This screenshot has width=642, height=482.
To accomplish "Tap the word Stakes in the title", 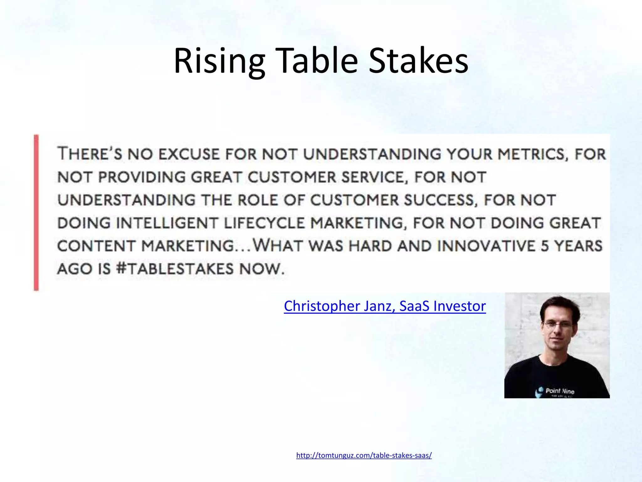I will pyautogui.click(x=418, y=61).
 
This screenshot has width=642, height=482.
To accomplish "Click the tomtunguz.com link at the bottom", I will pyautogui.click(x=364, y=455).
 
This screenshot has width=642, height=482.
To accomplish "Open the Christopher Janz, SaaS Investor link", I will pyautogui.click(x=385, y=306).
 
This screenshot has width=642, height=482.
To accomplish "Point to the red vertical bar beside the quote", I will pyautogui.click(x=36, y=213).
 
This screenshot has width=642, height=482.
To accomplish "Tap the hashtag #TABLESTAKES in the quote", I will pyautogui.click(x=175, y=269).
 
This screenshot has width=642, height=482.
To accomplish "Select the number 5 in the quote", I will pyautogui.click(x=545, y=246).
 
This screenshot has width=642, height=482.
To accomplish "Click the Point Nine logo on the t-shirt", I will pyautogui.click(x=555, y=391).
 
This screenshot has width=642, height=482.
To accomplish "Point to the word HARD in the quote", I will pyautogui.click(x=370, y=246).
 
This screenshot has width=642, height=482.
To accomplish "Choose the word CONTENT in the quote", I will pyautogui.click(x=96, y=246).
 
